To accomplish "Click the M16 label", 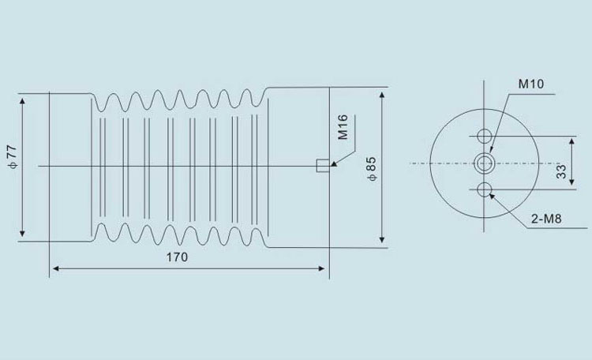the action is click(343, 128).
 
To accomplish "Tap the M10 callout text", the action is click(531, 84).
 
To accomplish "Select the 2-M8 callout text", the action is click(546, 219).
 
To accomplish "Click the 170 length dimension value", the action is click(177, 257).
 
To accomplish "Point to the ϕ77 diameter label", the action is click(12, 157).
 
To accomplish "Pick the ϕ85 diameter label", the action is click(372, 169).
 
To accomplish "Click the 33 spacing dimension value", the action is click(561, 171).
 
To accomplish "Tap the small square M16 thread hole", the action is click(323, 166).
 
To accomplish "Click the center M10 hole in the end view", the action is click(484, 163).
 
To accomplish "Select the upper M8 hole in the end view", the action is click(484, 136).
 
